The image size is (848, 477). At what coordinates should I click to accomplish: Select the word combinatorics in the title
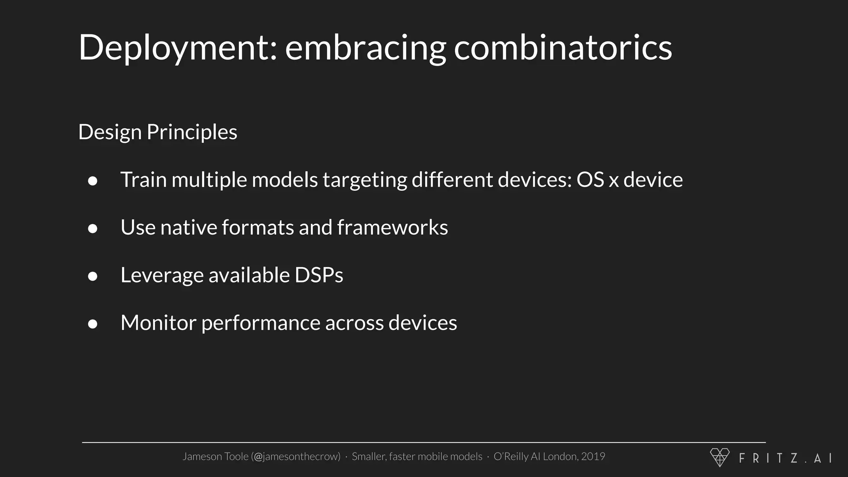pyautogui.click(x=563, y=48)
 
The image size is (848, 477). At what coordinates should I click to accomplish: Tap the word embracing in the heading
pyautogui.click(x=366, y=48)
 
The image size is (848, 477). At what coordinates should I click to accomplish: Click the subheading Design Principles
pyautogui.click(x=157, y=132)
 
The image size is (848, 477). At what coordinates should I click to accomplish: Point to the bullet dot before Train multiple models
pyautogui.click(x=93, y=181)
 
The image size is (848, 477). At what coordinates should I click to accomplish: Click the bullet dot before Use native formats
pyautogui.click(x=93, y=229)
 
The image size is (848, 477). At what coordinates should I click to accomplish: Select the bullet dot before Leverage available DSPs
pyautogui.click(x=93, y=276)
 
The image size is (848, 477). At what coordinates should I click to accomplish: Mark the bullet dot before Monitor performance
pyautogui.click(x=93, y=324)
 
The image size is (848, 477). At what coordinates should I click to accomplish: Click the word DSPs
pyautogui.click(x=319, y=275)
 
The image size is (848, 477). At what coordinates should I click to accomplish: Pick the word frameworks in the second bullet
pyautogui.click(x=392, y=227)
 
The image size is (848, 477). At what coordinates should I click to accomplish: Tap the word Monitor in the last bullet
pyautogui.click(x=158, y=323)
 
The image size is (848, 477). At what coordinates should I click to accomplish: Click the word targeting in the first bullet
pyautogui.click(x=365, y=180)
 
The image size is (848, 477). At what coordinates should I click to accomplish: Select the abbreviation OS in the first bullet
pyautogui.click(x=590, y=180)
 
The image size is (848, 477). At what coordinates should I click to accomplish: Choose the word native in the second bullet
pyautogui.click(x=188, y=227)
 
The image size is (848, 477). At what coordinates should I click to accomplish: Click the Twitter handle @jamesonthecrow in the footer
pyautogui.click(x=296, y=456)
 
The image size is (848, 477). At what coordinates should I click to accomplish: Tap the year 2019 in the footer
pyautogui.click(x=593, y=456)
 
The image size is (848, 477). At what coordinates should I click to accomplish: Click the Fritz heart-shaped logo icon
pyautogui.click(x=720, y=457)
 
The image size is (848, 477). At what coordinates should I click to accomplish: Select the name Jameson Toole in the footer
pyautogui.click(x=215, y=456)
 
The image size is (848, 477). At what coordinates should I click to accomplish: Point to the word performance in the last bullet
pyautogui.click(x=260, y=323)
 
